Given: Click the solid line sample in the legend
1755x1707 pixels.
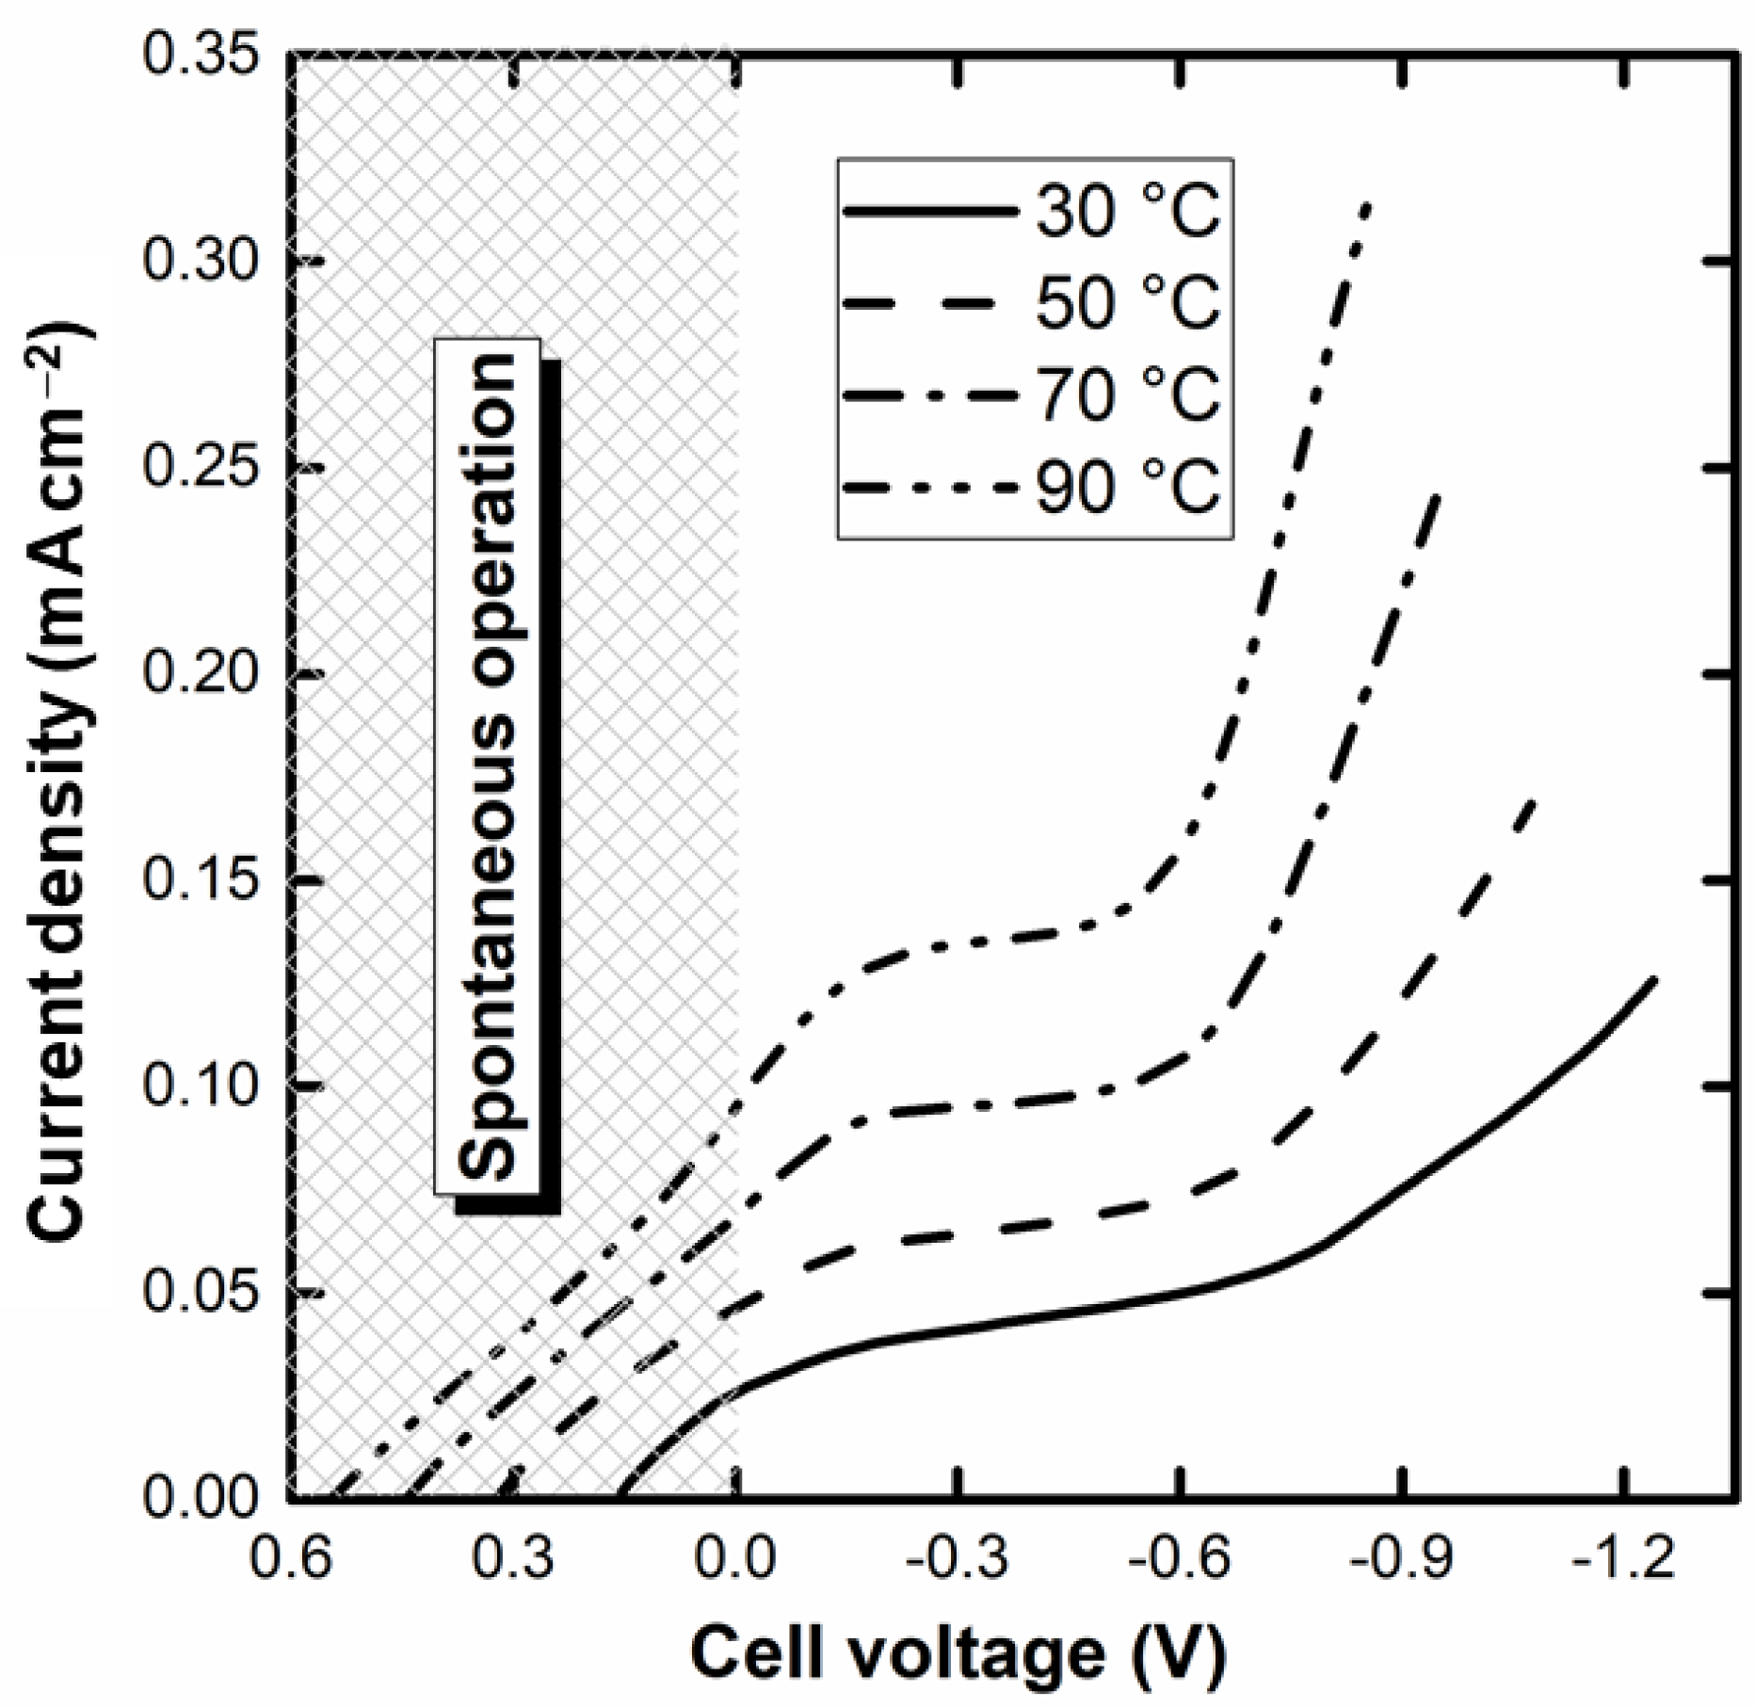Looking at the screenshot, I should [930, 214].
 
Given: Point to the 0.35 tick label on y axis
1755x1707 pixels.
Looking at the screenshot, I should [200, 56].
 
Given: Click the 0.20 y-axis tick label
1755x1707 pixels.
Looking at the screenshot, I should [200, 675].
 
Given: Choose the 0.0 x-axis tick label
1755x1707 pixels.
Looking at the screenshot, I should [736, 1558].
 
